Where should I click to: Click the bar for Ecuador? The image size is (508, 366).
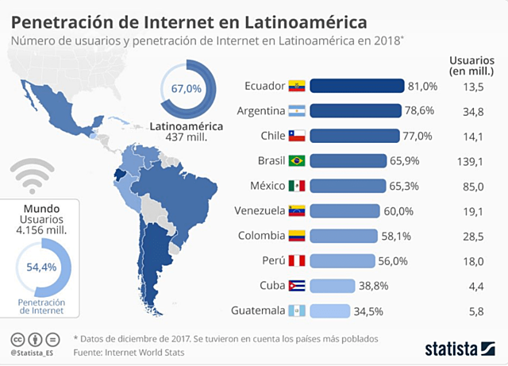(357, 87)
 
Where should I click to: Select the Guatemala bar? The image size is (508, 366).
(329, 310)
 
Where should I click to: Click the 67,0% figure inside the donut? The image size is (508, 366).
(186, 90)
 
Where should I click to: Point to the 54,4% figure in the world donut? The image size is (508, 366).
(41, 267)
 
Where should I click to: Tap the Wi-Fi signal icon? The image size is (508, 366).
(33, 177)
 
